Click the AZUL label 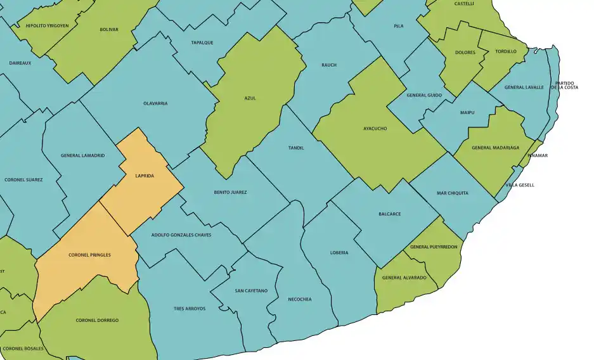coord(250,98)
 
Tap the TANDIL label coord(296,148)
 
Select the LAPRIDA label coord(145,176)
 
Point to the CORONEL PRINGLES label coord(89,255)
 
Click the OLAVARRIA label coord(155,103)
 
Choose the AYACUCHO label coord(375,129)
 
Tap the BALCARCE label coord(389,214)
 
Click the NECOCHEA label coord(299,299)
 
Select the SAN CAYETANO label coord(251,291)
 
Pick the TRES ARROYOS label coord(190,309)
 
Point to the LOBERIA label coord(339,253)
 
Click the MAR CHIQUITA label coord(453,193)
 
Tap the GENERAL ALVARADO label coord(404,278)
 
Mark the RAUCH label coord(329,65)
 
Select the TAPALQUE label coord(202,42)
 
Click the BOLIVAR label coord(109,30)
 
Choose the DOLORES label coord(465,53)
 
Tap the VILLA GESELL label coord(520,185)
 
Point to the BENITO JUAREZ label coord(230,192)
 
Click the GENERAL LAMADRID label coord(83,155)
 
